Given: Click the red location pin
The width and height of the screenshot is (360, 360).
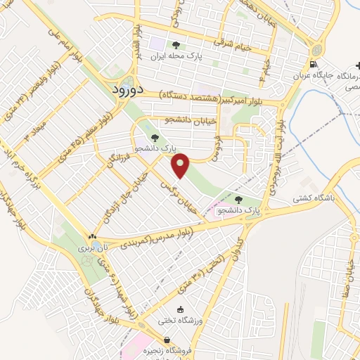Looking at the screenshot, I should point(181,166).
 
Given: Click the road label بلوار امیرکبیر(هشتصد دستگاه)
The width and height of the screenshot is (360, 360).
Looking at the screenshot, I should point(209,96).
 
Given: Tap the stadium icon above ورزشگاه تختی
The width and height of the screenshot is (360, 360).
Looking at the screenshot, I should point(181,309).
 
